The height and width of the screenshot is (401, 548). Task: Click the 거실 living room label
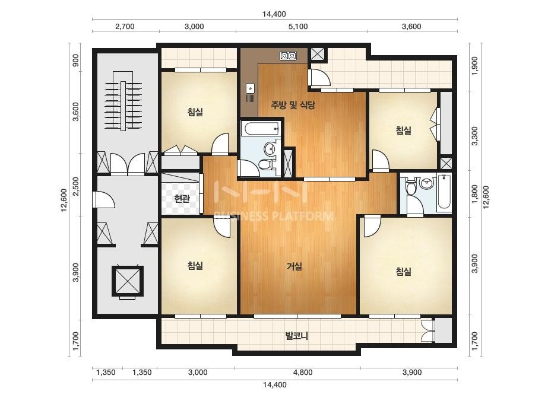coord(294,266)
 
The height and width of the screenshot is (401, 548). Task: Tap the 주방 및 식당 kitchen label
coord(293,104)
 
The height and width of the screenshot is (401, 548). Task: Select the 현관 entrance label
coord(182,198)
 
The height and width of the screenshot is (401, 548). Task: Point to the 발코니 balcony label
coord(296,336)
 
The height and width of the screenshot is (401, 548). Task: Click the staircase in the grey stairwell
coord(123,101)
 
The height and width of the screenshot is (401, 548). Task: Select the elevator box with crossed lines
coord(128,281)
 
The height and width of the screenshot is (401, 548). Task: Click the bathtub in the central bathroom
coord(261,129)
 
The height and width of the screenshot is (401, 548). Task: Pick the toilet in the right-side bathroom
coord(411,185)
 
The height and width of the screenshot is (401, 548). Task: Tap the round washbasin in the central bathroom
coord(270,149)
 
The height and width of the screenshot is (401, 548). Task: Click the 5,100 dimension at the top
coord(298,27)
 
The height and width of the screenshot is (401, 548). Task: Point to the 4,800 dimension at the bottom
coord(303,373)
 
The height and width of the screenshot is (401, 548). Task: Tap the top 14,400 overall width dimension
coord(274,14)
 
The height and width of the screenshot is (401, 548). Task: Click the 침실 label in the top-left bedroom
coord(195,112)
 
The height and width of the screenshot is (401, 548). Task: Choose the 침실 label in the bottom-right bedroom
coord(403,271)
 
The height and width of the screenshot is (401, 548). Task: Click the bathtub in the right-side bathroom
coord(444,192)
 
